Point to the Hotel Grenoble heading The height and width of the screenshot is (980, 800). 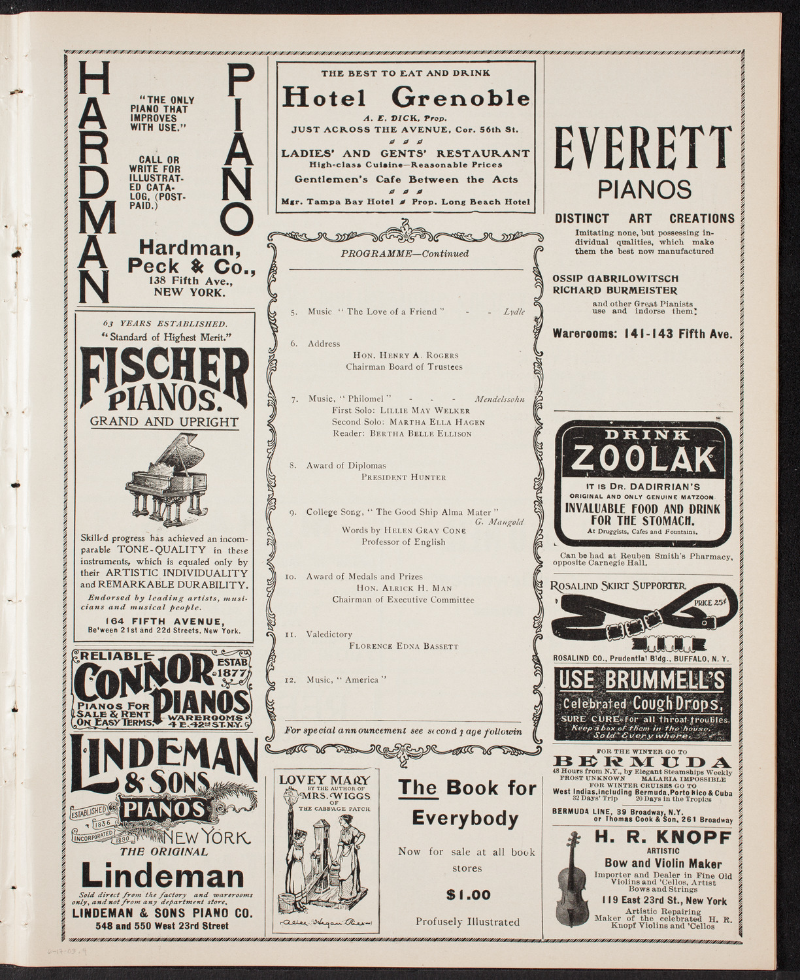tap(406, 98)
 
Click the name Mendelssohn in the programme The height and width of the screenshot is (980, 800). tap(499, 398)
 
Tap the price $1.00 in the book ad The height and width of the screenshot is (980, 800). tap(467, 895)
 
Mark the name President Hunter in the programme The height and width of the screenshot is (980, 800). tap(403, 478)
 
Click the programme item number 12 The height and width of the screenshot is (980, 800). tap(295, 680)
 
